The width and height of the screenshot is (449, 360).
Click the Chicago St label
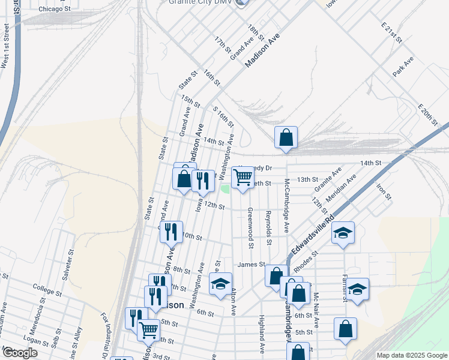[54, 10]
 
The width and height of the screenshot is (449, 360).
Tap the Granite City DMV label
[200, 2]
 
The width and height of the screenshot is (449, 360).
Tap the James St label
[251, 264]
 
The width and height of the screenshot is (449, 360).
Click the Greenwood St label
[250, 227]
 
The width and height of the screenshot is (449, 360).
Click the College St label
[48, 287]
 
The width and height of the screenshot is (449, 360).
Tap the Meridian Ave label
[341, 188]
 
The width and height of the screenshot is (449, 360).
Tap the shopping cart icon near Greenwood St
[243, 177]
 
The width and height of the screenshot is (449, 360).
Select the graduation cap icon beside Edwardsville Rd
[343, 233]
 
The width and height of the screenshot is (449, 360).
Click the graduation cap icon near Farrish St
[357, 289]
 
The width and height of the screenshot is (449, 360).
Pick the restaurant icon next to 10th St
[171, 230]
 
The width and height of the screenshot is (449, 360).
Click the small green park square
[225, 189]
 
